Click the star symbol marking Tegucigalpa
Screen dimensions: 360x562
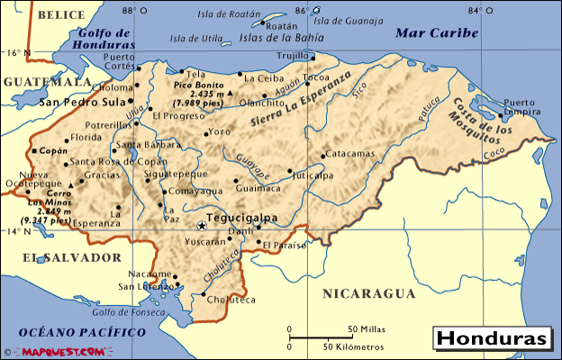point(201,225)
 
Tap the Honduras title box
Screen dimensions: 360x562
point(492,338)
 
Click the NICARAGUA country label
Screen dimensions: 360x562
point(369,293)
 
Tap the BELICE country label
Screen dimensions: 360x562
point(60,15)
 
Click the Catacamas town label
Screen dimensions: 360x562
point(349,154)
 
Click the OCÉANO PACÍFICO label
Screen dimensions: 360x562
point(73,332)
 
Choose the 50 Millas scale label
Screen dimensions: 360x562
point(367,328)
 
